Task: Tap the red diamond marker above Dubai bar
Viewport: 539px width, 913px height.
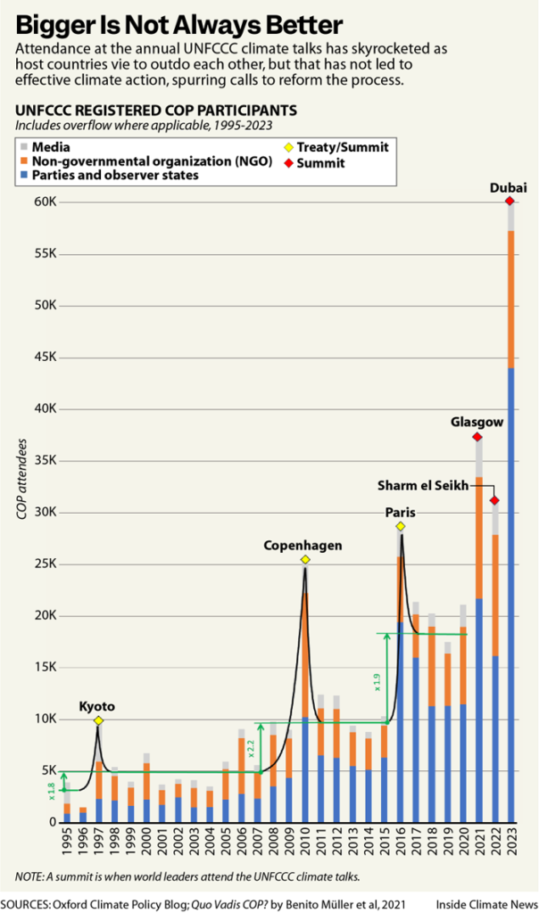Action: [510, 202]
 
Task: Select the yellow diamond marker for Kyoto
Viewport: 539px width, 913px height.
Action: [98, 720]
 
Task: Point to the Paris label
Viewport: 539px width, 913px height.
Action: [400, 513]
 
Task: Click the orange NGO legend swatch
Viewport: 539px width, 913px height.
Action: [23, 161]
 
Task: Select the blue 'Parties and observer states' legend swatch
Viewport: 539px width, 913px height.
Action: [23, 176]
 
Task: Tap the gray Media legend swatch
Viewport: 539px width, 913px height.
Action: [23, 146]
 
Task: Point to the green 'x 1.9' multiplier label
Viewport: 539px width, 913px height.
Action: [377, 681]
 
